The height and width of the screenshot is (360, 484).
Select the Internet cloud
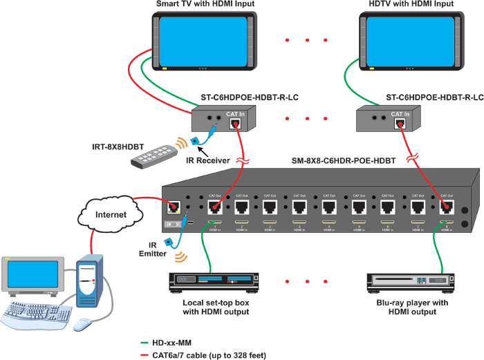110,214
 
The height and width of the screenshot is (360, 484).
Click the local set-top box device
208,281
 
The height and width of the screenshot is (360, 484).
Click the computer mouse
82,323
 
